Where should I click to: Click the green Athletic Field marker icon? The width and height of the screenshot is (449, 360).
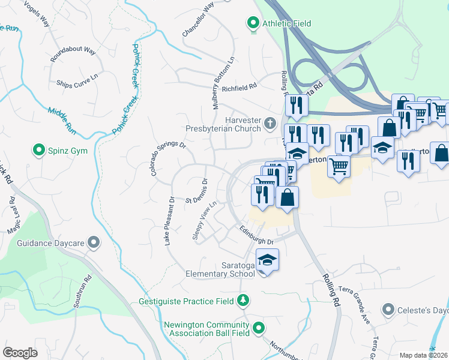253,24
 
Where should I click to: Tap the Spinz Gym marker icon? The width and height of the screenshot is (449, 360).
40,148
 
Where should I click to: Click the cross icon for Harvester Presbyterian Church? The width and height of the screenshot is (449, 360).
270,124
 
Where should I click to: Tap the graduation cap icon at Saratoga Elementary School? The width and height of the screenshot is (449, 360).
267,260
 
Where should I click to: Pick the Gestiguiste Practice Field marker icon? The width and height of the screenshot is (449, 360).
244,300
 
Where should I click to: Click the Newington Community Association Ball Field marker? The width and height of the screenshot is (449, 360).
259,328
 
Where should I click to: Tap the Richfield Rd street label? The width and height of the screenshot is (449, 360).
239,88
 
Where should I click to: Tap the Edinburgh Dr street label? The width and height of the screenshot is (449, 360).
256,235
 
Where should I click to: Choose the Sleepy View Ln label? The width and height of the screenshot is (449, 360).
204,220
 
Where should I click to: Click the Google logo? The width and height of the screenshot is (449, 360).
20,352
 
